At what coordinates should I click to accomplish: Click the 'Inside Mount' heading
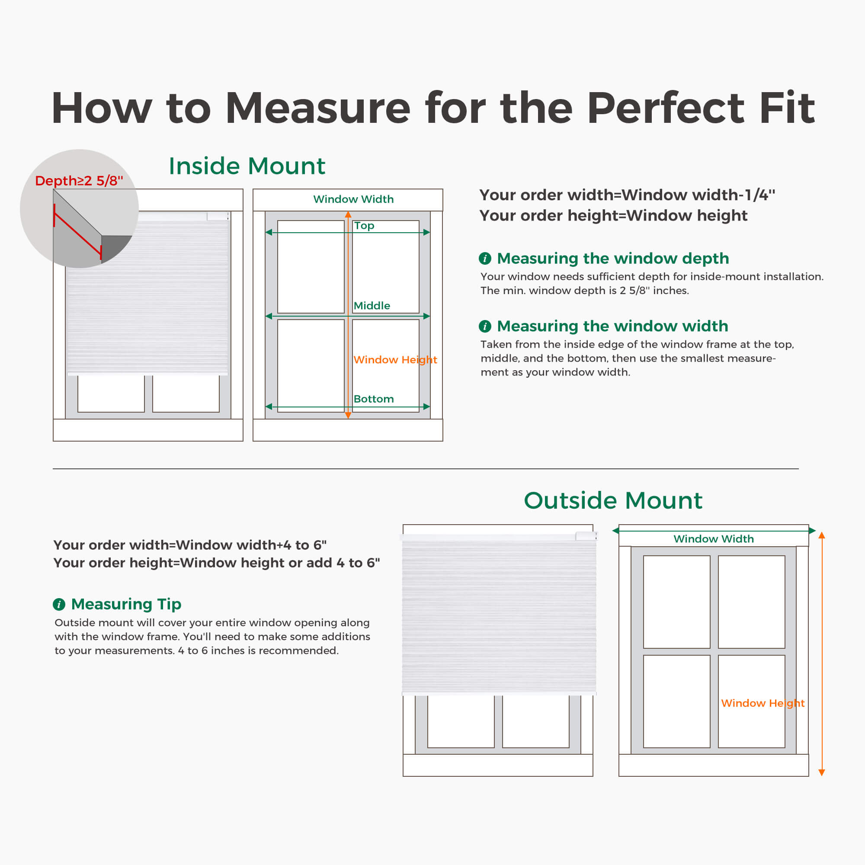pyautogui.click(x=247, y=166)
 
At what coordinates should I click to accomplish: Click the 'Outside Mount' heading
pyautogui.click(x=613, y=500)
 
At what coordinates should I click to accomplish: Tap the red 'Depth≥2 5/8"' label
pyautogui.click(x=79, y=180)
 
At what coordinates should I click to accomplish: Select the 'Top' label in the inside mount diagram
pyautogui.click(x=364, y=226)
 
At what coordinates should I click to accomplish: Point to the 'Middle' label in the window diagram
pyautogui.click(x=372, y=306)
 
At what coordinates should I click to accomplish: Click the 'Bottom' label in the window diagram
pyautogui.click(x=373, y=399)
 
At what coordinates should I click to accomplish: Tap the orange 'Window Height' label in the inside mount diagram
pyautogui.click(x=395, y=360)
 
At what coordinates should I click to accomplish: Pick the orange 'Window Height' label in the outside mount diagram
pyautogui.click(x=763, y=703)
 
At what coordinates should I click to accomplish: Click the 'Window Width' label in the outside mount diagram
pyautogui.click(x=714, y=538)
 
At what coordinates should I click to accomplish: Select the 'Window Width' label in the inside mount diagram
pyautogui.click(x=353, y=199)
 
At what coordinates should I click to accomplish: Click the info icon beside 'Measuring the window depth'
pyautogui.click(x=485, y=258)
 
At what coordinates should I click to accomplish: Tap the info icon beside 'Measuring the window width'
pyautogui.click(x=485, y=326)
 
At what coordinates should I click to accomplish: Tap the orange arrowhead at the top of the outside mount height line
pyautogui.click(x=822, y=535)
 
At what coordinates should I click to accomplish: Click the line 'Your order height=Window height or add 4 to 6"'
pyautogui.click(x=217, y=563)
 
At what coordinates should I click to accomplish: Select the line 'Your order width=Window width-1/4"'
pyautogui.click(x=627, y=195)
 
